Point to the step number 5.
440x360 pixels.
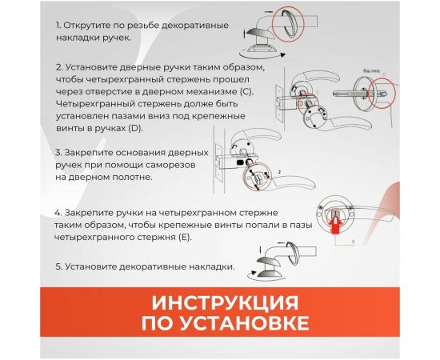[60, 266]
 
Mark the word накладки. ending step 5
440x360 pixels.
[213, 266]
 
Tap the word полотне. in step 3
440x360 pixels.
[131, 175]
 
